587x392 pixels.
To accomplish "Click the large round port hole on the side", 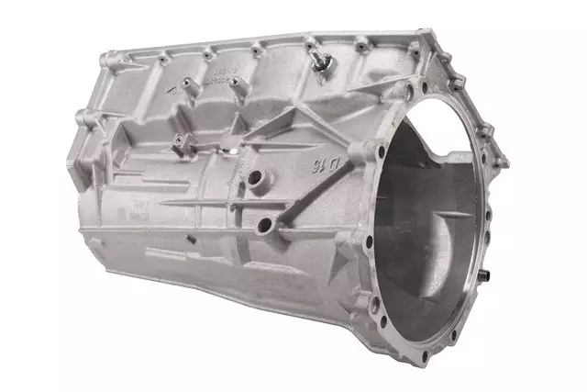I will pyautogui.click(x=266, y=224).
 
